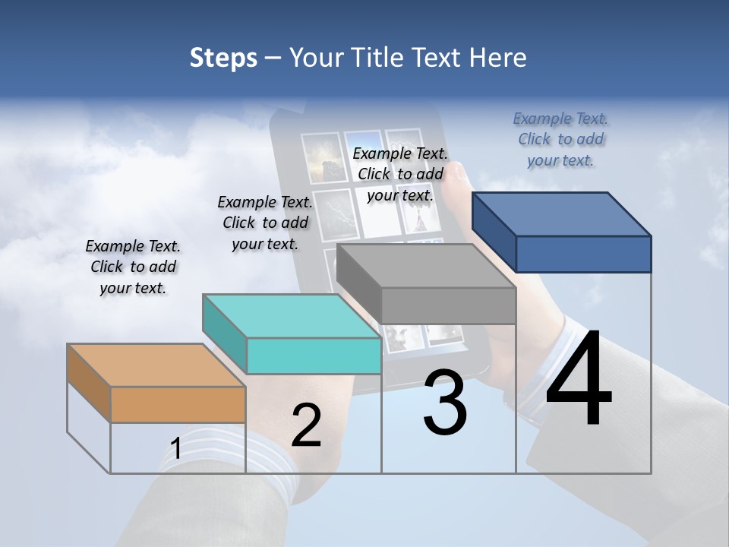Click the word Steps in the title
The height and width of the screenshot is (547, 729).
coord(223,58)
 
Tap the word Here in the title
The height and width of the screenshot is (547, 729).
coord(498,58)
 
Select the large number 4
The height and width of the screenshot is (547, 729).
coord(579,380)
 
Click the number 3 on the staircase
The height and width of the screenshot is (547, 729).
coord(445,403)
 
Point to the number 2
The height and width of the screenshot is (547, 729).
coord(306,425)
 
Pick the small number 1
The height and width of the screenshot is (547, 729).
coord(175,449)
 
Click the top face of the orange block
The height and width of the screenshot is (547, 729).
coord(156,365)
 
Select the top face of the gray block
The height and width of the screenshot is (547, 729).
coord(426,266)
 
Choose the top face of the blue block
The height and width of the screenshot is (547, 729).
coord(561,214)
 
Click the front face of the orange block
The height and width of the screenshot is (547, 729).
coord(178,404)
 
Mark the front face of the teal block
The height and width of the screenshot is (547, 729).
coord(314,356)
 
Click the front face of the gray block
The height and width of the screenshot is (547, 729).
coord(448,305)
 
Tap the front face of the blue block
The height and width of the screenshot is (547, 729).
coord(583,254)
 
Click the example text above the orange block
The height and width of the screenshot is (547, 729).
coord(133,267)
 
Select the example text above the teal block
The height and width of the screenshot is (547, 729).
coord(265,223)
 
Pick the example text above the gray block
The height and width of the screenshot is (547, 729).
coord(400,174)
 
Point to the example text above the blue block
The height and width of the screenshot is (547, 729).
coord(560,139)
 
